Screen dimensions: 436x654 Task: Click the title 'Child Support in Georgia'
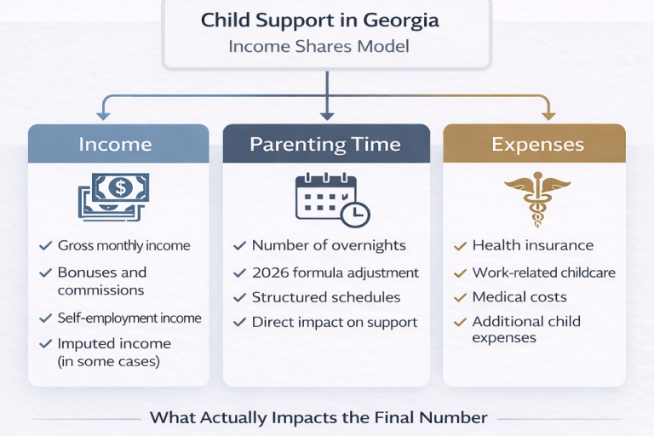pyautogui.click(x=326, y=20)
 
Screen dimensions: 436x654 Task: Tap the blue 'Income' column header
pyautogui.click(x=118, y=144)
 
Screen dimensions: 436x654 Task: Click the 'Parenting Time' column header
pyautogui.click(x=325, y=144)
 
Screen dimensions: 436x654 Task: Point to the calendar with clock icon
pyautogui.click(x=331, y=200)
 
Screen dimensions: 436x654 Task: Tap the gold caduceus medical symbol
pyautogui.click(x=534, y=198)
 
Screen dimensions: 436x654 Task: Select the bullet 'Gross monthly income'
pyautogui.click(x=123, y=245)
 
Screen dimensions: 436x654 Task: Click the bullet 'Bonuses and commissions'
pyautogui.click(x=101, y=281)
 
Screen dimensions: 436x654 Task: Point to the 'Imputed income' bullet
pyautogui.click(x=114, y=352)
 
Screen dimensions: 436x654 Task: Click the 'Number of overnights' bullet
pyautogui.click(x=329, y=245)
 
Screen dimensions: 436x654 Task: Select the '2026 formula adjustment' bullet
pyautogui.click(x=335, y=272)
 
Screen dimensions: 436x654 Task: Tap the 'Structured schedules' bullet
pyautogui.click(x=324, y=297)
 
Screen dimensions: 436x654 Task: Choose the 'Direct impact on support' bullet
pyautogui.click(x=334, y=322)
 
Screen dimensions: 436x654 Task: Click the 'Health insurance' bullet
pyautogui.click(x=533, y=245)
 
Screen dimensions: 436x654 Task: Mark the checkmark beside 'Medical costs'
pyautogui.click(x=459, y=298)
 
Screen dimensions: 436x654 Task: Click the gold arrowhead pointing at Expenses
pyautogui.click(x=548, y=114)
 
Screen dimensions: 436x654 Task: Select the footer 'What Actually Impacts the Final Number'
pyautogui.click(x=318, y=417)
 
